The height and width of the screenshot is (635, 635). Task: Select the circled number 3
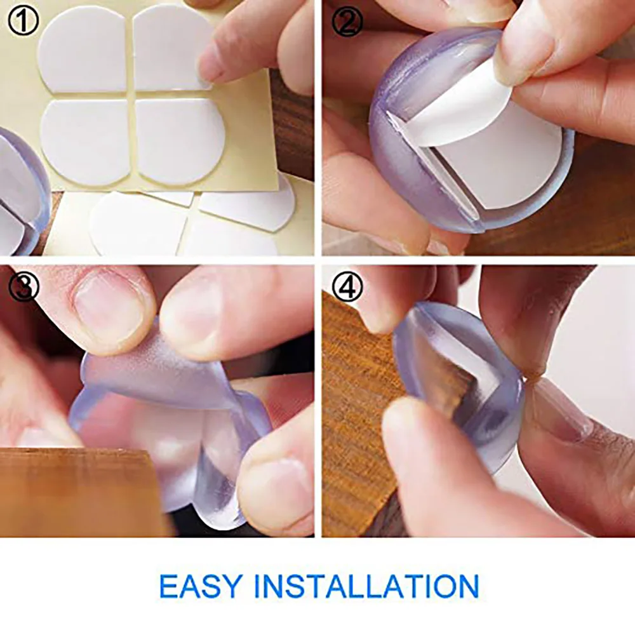coord(23,286)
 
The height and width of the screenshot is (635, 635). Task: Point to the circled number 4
coord(347,287)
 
